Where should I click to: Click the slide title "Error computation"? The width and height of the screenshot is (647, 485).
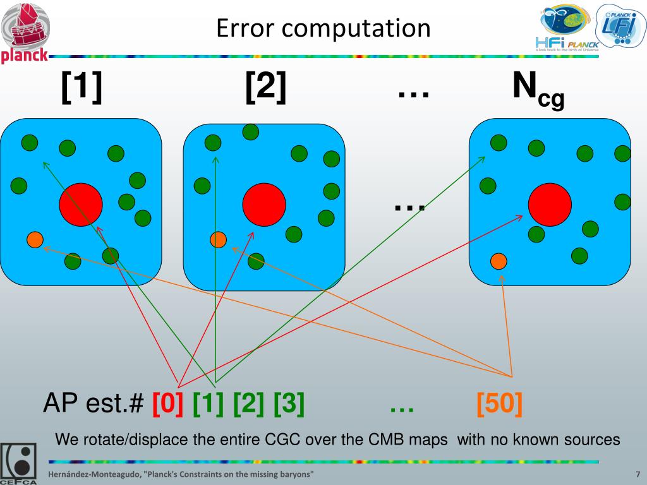323,28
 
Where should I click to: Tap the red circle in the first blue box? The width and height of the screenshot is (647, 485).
81,204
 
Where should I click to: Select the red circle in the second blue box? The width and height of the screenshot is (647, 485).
264,204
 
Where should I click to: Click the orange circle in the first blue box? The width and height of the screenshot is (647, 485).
35,239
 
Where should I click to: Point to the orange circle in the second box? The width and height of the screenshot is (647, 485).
218,239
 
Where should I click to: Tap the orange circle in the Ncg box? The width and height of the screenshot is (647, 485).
499,260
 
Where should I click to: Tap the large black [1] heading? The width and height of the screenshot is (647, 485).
82,88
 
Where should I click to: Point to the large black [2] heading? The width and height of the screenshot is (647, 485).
266,88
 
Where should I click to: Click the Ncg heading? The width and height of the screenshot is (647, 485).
538,90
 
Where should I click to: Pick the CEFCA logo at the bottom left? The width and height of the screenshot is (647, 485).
18,463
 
